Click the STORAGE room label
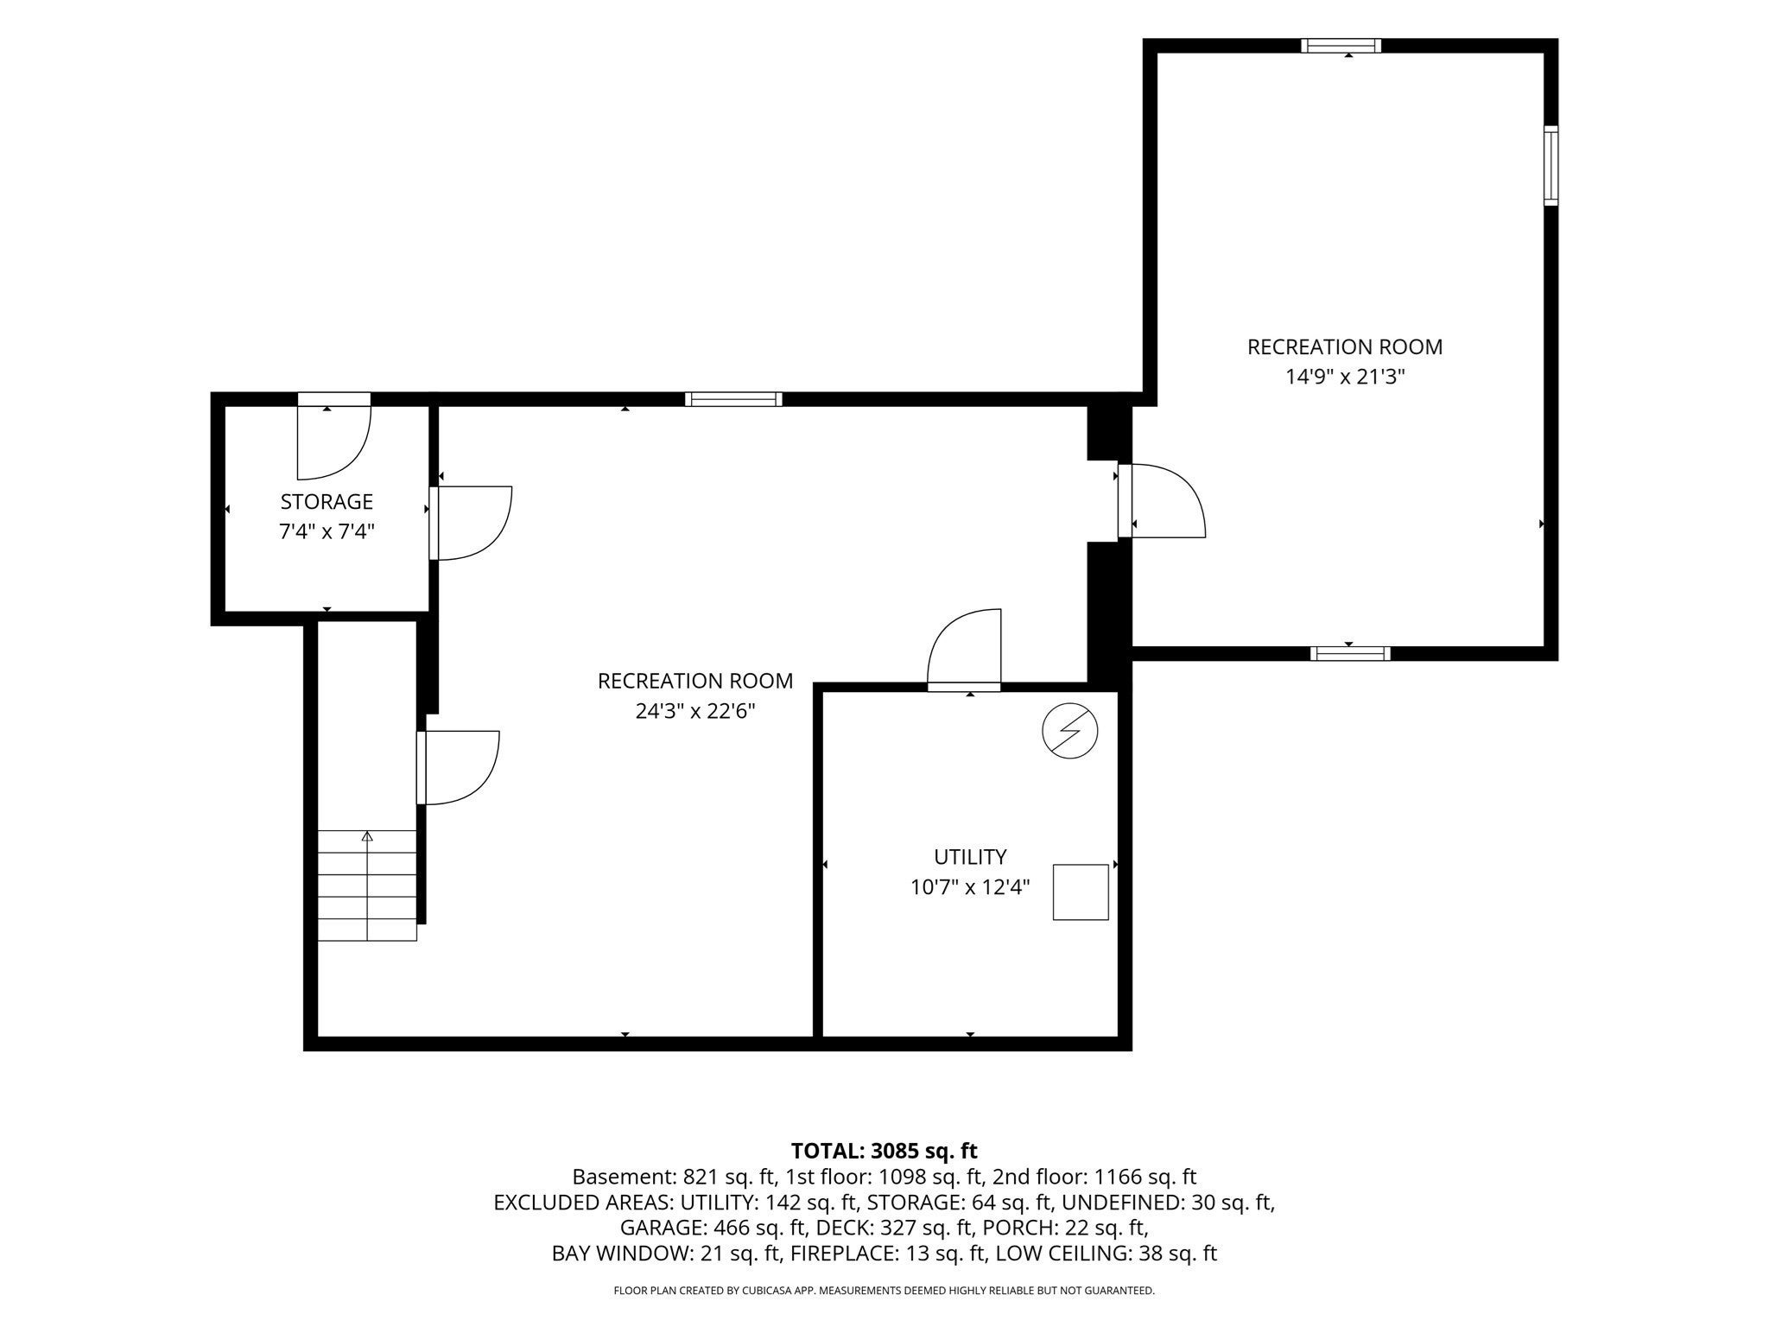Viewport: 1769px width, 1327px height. tap(327, 502)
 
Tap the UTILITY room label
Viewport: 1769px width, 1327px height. tap(970, 857)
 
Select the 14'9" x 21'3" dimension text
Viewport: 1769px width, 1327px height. tap(1345, 377)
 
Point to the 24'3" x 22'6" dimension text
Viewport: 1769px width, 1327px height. tap(695, 711)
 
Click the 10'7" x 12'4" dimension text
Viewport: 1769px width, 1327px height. tap(970, 887)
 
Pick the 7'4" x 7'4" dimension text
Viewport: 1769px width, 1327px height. tap(327, 531)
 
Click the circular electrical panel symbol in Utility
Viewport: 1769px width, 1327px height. tap(1070, 732)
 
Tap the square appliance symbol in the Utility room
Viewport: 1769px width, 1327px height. tap(1081, 892)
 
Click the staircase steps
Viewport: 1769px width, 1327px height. tap(367, 886)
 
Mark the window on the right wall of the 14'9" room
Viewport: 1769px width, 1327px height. tap(1551, 165)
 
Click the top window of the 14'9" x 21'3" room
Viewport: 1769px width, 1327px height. tap(1341, 46)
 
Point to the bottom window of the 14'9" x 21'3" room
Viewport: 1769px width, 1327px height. tap(1350, 653)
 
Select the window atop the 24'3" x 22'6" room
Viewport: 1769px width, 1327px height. tap(733, 399)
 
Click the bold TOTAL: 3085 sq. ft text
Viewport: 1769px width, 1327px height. tap(884, 1151)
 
